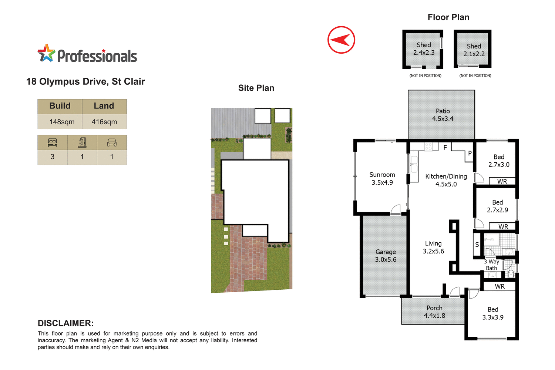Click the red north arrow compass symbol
point(341,40)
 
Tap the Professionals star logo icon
point(46,54)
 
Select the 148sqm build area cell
point(62,122)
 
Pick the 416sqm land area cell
point(104,122)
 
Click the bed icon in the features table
point(53,142)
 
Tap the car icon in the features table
point(112,142)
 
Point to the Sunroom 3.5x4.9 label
point(382,178)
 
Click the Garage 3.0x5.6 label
point(386,256)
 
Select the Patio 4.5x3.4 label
point(443,115)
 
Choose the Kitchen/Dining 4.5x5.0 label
point(446,180)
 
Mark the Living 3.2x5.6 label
point(433,247)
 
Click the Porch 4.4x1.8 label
point(434,312)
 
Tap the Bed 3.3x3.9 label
point(492,313)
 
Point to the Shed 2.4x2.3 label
point(424,49)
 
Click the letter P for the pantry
point(470,153)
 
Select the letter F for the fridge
point(445,148)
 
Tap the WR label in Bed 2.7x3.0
point(502,181)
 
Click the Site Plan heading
point(256,88)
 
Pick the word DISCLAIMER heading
point(65,323)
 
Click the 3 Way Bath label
point(492,265)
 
